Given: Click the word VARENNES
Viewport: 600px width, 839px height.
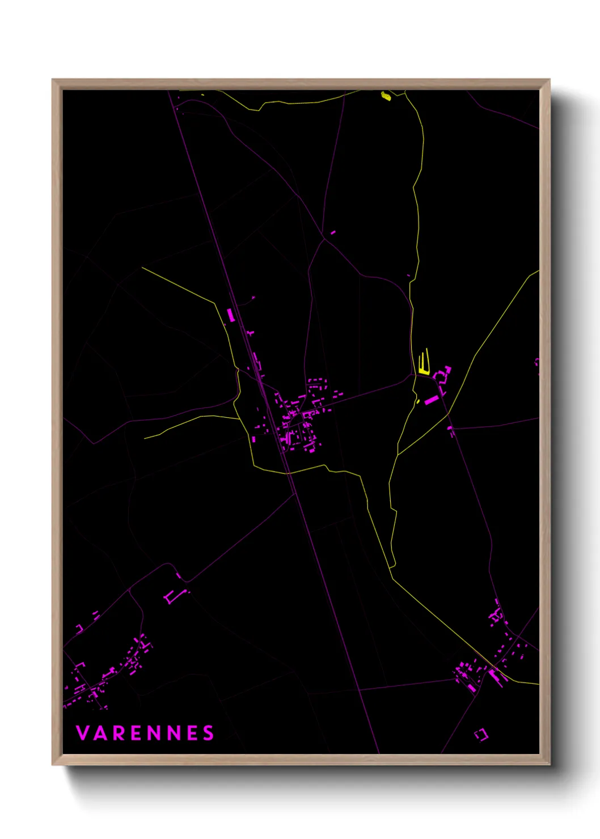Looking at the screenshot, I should (x=145, y=733).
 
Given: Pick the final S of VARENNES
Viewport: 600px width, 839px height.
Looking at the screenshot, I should (x=209, y=733).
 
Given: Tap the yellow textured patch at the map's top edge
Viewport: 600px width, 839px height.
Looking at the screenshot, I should (x=386, y=96).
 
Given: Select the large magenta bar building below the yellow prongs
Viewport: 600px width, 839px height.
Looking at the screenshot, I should (x=432, y=400).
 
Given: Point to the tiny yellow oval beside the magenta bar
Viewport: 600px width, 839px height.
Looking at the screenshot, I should (x=418, y=401).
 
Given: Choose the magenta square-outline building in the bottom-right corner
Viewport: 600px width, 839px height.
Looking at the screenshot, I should (x=481, y=735).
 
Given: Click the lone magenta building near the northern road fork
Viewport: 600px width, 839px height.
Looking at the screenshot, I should (x=332, y=232).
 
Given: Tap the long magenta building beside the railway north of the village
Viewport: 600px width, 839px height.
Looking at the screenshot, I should (x=231, y=315).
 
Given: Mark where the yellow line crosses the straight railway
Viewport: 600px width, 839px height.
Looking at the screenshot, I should (x=287, y=471).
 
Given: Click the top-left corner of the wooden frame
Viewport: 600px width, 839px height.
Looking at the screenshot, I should (x=53, y=80).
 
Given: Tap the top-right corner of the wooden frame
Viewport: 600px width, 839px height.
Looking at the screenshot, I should (x=549, y=80).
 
